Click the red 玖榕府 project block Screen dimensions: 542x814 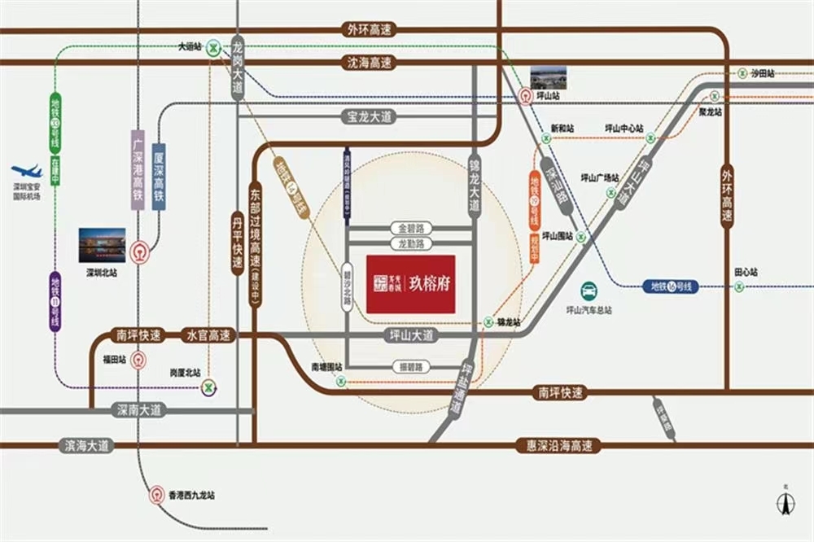click(410, 284)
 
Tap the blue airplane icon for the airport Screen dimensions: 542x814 click(26, 172)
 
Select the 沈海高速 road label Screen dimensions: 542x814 click(369, 63)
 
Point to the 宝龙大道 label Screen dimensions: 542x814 click(365, 117)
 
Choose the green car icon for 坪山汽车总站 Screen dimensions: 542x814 click(589, 291)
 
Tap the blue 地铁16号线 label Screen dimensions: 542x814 click(670, 286)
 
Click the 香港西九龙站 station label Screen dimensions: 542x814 click(191, 495)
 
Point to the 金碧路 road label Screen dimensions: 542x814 click(411, 228)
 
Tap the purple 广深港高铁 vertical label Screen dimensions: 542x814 click(138, 171)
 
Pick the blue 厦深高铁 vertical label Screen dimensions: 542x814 click(160, 177)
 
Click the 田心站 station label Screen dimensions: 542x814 click(746, 271)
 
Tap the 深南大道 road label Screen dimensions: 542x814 click(139, 411)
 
